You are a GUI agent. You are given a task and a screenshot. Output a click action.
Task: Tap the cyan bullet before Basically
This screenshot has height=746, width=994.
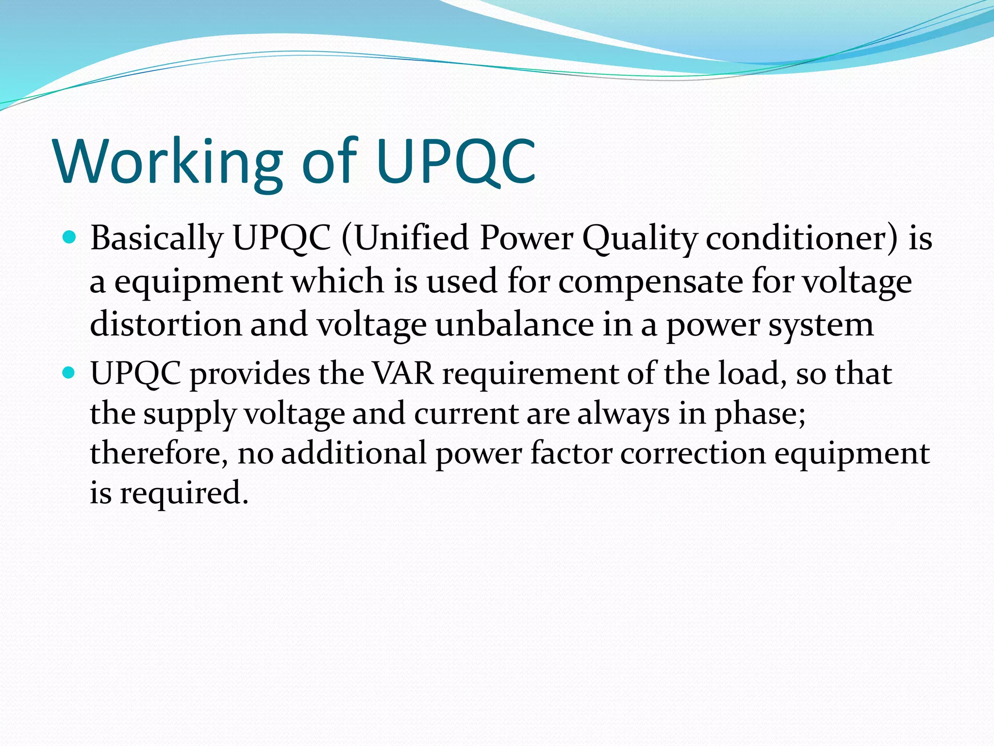point(70,237)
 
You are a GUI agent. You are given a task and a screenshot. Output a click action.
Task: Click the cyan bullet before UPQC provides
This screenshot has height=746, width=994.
point(70,373)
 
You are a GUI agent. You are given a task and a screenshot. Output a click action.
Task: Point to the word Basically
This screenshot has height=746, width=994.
point(156,239)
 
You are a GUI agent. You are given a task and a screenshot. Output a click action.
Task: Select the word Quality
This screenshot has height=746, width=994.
point(640,239)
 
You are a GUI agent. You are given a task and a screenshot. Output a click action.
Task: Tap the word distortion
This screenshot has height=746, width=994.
point(166,324)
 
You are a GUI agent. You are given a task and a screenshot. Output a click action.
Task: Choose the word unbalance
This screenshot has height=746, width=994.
point(514,324)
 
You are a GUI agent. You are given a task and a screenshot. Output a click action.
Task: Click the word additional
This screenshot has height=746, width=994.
point(354,453)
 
